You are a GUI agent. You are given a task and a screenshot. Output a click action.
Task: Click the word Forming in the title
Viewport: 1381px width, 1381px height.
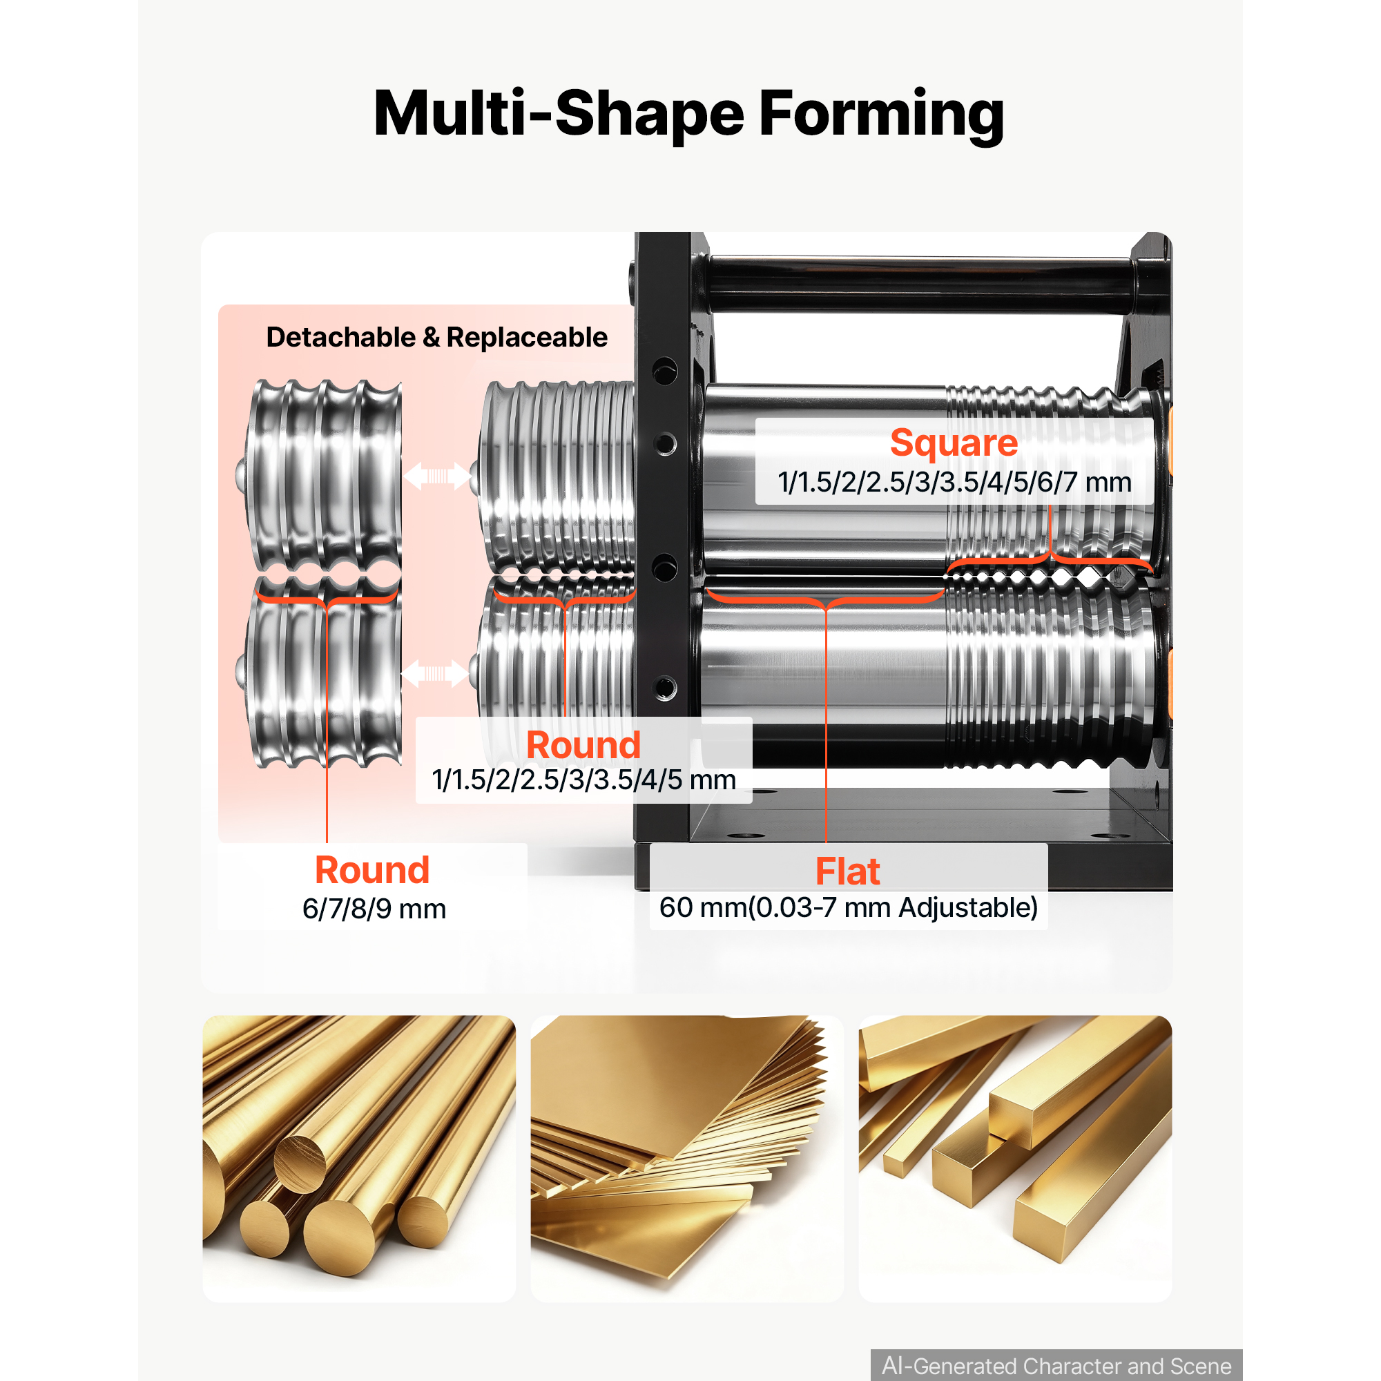[x=880, y=115]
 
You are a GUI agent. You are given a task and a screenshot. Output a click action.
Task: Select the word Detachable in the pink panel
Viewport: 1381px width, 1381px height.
[x=341, y=338]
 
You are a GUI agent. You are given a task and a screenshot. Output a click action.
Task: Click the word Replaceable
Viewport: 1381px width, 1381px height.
[x=527, y=338]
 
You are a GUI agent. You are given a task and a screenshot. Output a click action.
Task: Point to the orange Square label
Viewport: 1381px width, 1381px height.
[x=954, y=444]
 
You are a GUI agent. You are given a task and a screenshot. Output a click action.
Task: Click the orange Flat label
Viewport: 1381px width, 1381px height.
[x=848, y=872]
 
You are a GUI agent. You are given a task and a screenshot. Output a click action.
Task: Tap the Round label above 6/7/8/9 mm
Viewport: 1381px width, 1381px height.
[x=372, y=871]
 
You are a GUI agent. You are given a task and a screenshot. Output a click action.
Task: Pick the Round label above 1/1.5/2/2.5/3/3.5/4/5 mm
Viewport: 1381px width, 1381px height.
[x=583, y=746]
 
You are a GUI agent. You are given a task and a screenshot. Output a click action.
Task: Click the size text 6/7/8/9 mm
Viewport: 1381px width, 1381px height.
[x=374, y=909]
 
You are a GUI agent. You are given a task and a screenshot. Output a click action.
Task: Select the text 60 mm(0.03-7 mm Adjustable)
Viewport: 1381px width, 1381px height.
[x=849, y=908]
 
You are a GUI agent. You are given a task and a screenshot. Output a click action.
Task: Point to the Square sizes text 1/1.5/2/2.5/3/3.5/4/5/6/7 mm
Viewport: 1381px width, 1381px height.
[x=954, y=483]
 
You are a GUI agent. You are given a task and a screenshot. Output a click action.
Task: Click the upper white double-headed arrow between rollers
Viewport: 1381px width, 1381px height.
[x=438, y=475]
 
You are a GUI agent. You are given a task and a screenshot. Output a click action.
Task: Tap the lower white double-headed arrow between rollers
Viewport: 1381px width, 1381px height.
[x=434, y=673]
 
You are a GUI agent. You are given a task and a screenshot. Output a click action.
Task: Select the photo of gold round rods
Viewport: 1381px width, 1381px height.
[x=359, y=1158]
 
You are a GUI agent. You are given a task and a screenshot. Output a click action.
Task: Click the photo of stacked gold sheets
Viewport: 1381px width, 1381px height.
[x=687, y=1158]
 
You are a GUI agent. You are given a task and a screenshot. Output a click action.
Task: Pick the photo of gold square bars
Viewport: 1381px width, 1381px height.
[x=1015, y=1158]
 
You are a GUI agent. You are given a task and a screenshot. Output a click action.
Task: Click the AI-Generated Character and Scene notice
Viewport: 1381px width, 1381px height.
[x=1056, y=1365]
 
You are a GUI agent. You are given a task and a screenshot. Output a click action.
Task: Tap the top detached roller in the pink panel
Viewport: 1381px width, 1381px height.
[x=319, y=476]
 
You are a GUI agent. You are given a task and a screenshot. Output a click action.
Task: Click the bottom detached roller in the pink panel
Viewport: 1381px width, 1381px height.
[x=319, y=672]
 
